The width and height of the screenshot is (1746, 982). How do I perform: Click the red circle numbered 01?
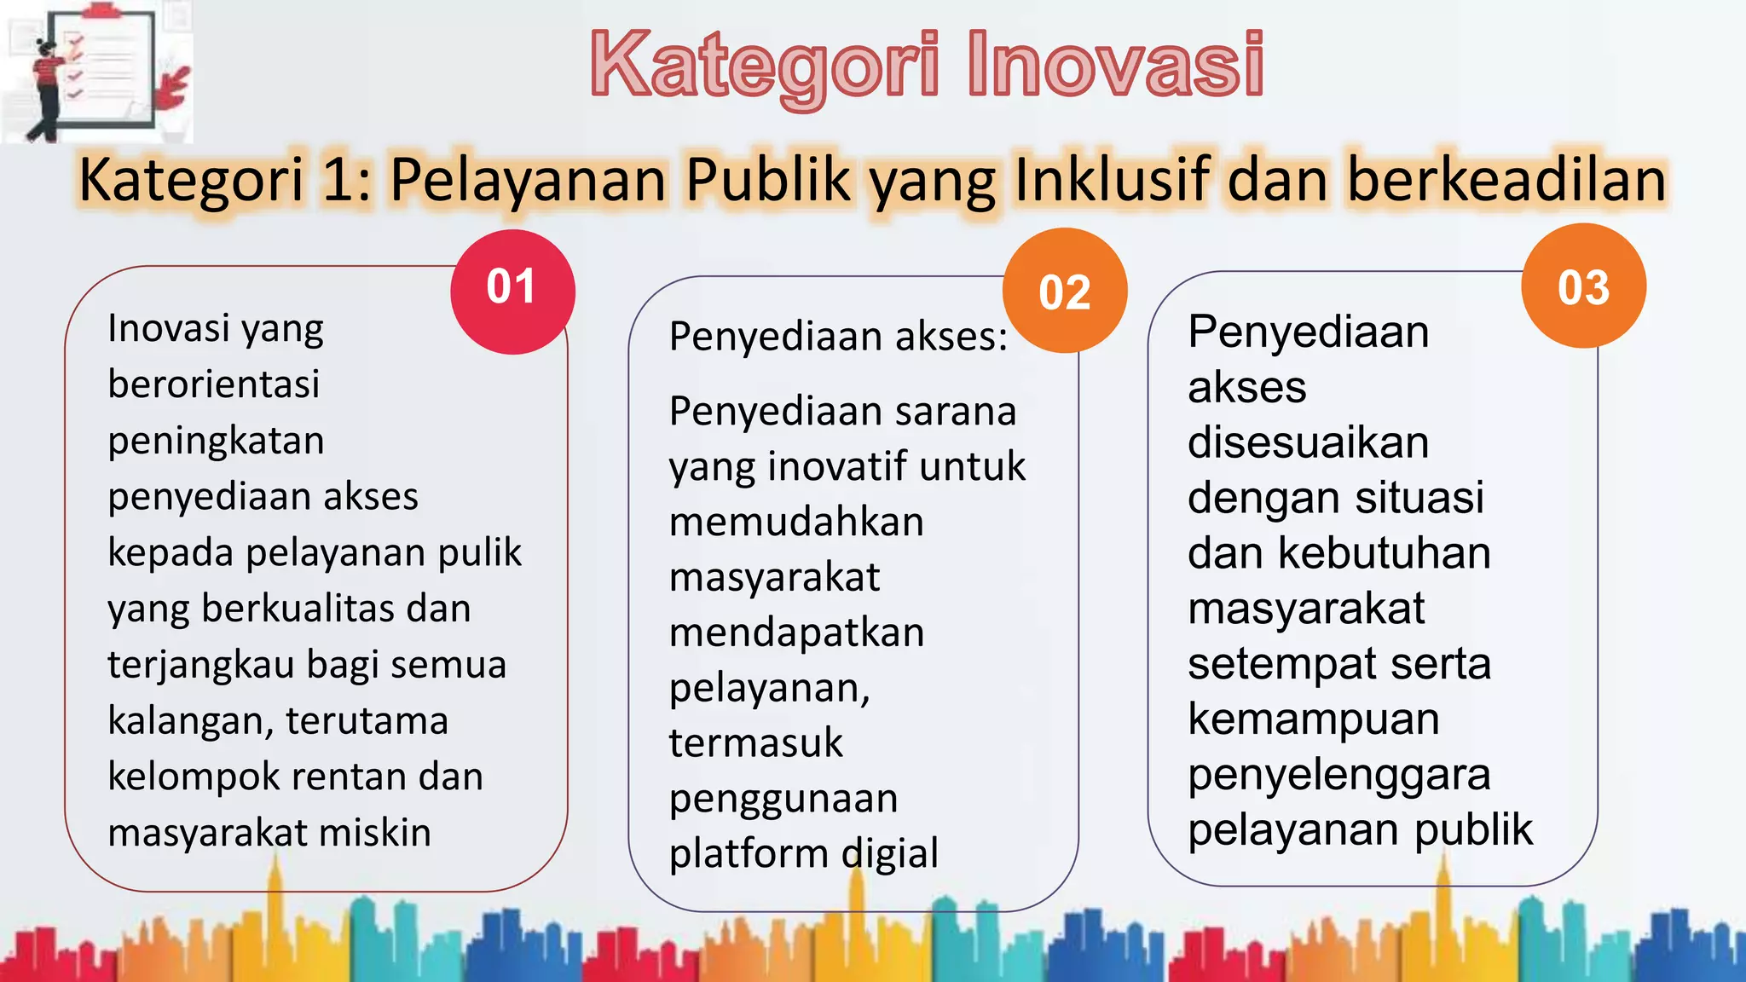pyautogui.click(x=512, y=291)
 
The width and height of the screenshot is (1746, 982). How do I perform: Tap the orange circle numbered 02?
pyautogui.click(x=1065, y=291)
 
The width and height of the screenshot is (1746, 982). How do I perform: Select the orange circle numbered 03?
pyautogui.click(x=1583, y=286)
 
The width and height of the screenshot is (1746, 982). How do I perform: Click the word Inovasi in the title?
pyautogui.click(x=1115, y=65)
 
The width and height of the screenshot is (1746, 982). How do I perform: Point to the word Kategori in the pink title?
pyautogui.click(x=766, y=65)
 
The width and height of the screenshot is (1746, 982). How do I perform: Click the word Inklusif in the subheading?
pyautogui.click(x=1113, y=180)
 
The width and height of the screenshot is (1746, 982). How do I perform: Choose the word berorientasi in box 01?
pyautogui.click(x=213, y=384)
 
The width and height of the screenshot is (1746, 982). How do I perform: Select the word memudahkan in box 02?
pyautogui.click(x=796, y=522)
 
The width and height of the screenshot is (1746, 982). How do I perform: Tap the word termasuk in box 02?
pyautogui.click(x=755, y=742)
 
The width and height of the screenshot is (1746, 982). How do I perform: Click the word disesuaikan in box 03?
pyautogui.click(x=1308, y=442)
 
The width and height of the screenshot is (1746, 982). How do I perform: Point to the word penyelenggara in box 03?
pyautogui.click(x=1338, y=775)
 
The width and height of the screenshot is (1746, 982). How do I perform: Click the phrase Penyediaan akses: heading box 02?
pyautogui.click(x=838, y=337)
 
